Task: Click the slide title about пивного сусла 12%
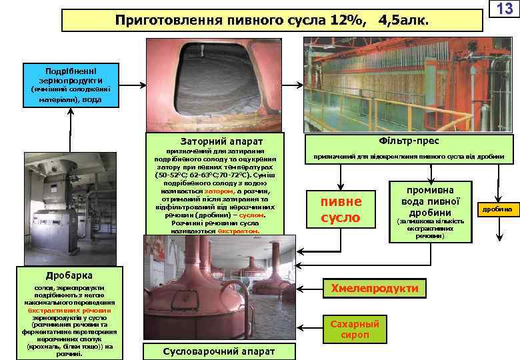272,21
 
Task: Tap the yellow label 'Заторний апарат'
221,141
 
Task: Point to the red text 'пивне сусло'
341,209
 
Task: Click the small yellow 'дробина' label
497,209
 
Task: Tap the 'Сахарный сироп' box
355,329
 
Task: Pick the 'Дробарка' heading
64,275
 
